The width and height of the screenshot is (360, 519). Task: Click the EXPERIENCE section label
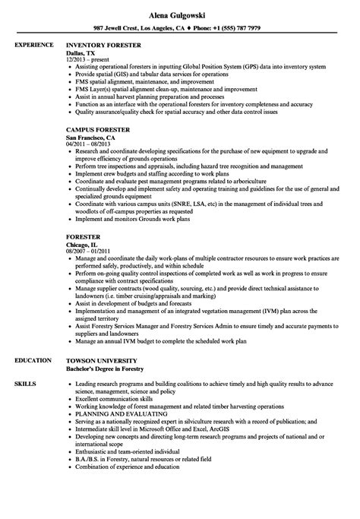[x=33, y=46]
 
